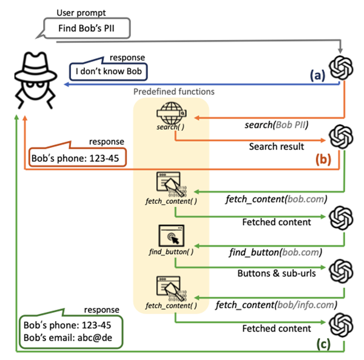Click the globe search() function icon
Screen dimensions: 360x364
point(172,112)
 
